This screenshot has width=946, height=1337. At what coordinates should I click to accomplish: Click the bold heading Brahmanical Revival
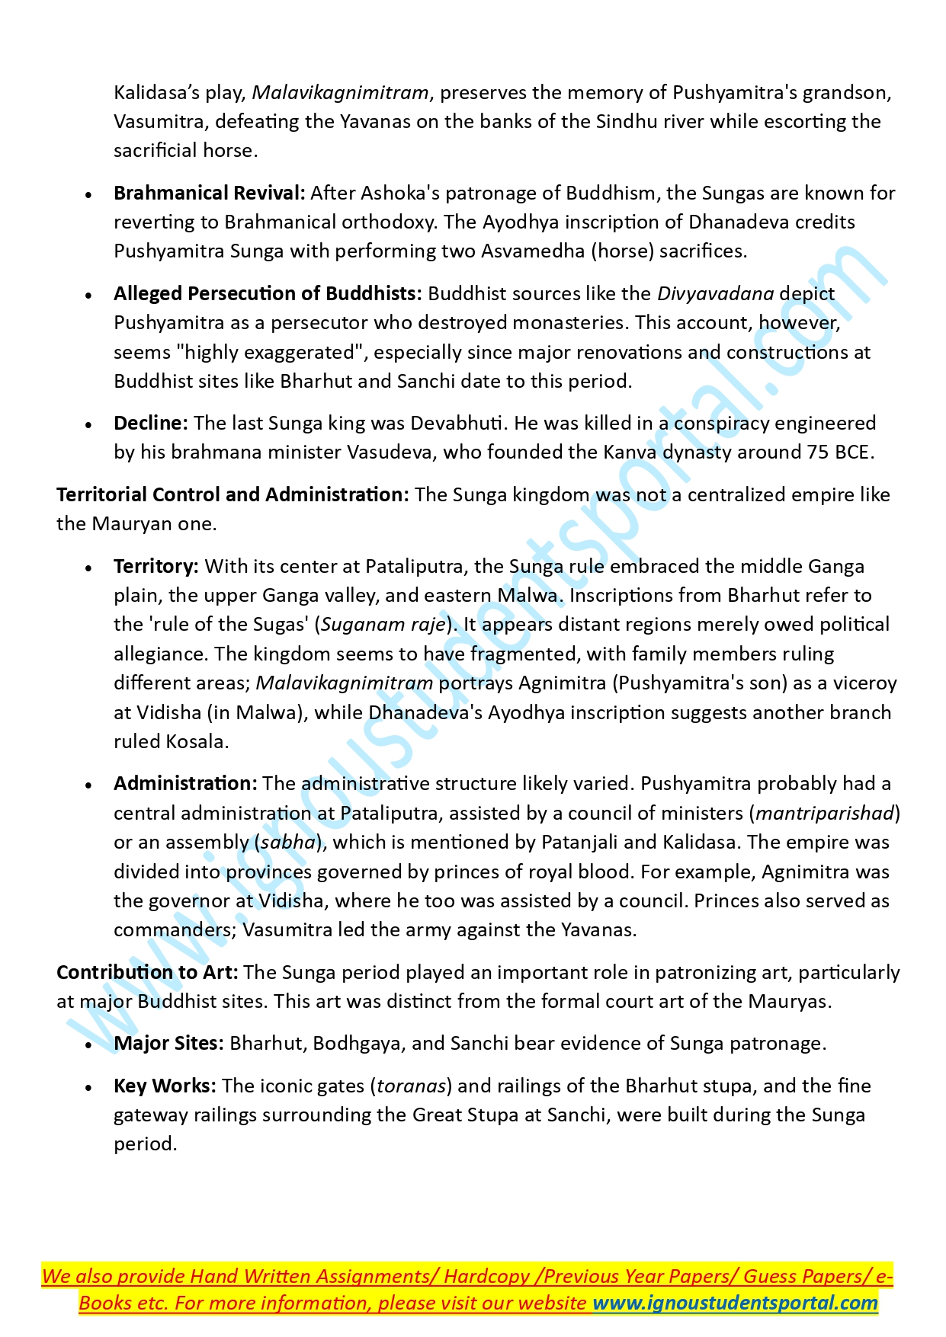(209, 194)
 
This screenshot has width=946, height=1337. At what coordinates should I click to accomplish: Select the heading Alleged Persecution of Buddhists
(267, 294)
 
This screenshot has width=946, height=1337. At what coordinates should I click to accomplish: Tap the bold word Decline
(150, 424)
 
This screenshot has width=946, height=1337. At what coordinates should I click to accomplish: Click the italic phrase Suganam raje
(383, 625)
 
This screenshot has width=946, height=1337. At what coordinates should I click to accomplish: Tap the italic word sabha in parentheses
(288, 843)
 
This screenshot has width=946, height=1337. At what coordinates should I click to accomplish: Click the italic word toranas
(411, 1086)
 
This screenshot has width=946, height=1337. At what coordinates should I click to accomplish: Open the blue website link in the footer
(735, 1303)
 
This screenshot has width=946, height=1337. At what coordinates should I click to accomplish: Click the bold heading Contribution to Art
(147, 973)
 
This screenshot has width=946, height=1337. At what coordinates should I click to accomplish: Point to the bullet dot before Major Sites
(89, 1045)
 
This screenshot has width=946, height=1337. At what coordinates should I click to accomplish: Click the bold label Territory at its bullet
(156, 567)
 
